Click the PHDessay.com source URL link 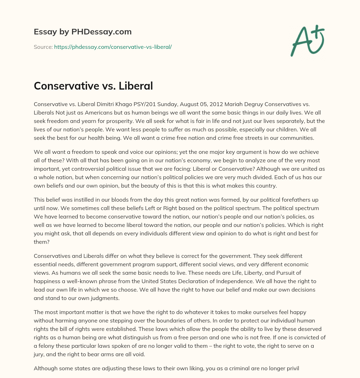[x=112, y=47]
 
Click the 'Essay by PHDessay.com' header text [x=83, y=32]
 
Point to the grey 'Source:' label [x=43, y=47]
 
